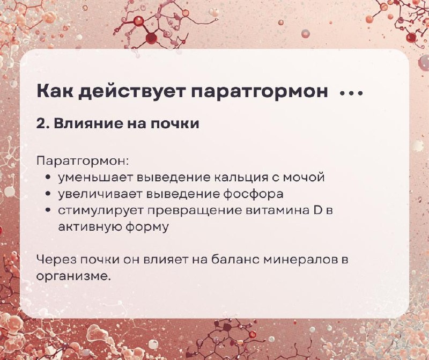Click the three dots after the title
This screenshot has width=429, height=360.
(352, 93)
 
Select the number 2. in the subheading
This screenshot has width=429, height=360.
(43, 123)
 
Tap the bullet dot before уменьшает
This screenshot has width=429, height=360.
(48, 177)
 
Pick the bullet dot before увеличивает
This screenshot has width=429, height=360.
(48, 194)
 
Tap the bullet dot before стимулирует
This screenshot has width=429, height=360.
(48, 210)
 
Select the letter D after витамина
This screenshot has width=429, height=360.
(317, 210)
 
